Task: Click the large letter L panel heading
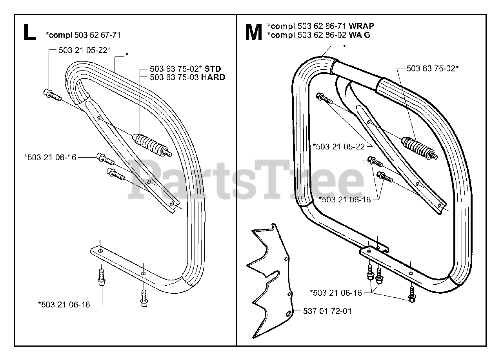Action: pos(29,33)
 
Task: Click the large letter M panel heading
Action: pos(254,33)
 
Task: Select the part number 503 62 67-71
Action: pos(98,35)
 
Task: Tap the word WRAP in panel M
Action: pos(361,26)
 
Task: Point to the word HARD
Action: pos(213,77)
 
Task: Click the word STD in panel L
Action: pos(213,69)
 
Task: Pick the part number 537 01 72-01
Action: pos(327,311)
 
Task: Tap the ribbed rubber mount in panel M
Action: pos(419,148)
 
